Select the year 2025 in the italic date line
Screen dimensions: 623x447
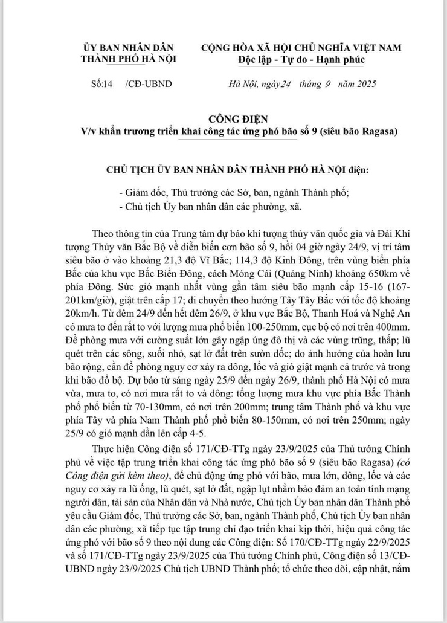click(364, 84)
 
